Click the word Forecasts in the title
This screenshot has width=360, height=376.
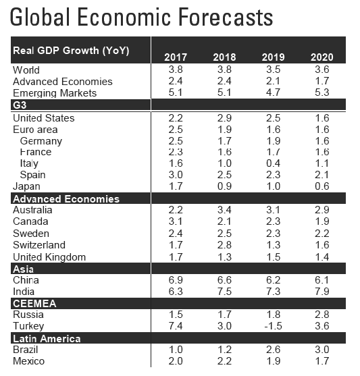(226, 17)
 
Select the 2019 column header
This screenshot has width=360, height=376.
(273, 57)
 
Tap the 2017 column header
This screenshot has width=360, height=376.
(176, 57)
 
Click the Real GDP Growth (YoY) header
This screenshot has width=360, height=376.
(71, 51)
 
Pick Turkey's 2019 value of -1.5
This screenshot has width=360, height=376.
(273, 326)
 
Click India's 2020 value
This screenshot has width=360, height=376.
(322, 292)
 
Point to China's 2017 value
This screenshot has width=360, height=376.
(176, 280)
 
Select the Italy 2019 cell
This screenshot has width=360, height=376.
(273, 163)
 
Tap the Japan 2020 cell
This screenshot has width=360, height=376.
(322, 186)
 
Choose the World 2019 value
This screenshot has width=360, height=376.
(273, 70)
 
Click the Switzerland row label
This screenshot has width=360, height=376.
(39, 245)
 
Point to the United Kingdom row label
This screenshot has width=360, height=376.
(49, 257)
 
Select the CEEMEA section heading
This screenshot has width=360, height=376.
(34, 304)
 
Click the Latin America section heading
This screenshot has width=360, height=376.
(47, 339)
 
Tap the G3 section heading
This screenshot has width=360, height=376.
(20, 105)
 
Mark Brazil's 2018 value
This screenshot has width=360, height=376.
(224, 350)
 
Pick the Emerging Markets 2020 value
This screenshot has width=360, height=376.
(322, 92)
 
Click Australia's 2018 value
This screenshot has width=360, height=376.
(224, 210)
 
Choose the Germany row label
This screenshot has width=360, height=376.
(41, 141)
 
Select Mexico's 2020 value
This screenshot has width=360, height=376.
(322, 361)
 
